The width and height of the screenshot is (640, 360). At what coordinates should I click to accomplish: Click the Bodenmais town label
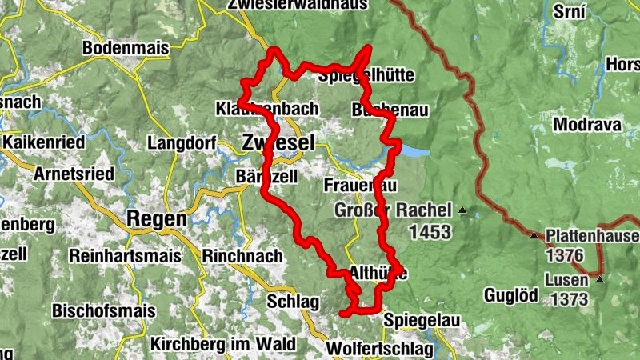126,48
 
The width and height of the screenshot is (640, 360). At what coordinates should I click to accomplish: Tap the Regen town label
157,218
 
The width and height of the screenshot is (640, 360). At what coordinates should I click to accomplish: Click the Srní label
570,12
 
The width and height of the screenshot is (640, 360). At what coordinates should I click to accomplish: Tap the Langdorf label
181,143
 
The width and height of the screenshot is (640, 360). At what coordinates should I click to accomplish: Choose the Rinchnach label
243,257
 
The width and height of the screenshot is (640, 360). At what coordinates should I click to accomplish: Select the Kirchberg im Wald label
222,344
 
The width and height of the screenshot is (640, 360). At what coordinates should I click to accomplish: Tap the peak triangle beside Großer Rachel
462,211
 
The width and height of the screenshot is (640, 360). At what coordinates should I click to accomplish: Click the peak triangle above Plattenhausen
534,235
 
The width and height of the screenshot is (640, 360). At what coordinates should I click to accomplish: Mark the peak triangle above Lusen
599,279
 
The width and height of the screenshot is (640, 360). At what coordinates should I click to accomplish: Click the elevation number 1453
429,233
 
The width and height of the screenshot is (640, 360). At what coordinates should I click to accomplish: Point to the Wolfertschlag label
380,350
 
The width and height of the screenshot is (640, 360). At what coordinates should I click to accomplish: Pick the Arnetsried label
73,173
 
